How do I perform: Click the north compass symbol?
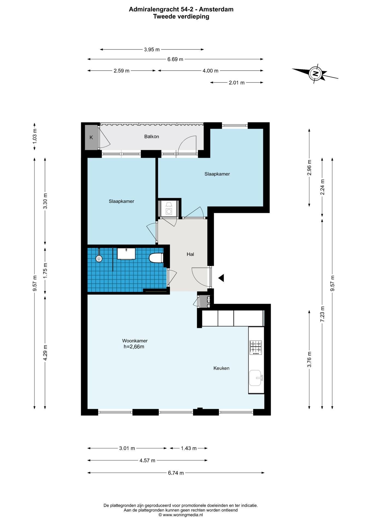(x=316, y=73)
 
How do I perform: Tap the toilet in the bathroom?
(x=156, y=258)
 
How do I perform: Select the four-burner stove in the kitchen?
(x=256, y=347)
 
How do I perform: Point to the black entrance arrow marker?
(x=221, y=278)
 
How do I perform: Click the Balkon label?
(x=152, y=136)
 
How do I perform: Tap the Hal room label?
(x=190, y=254)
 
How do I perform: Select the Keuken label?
(x=221, y=368)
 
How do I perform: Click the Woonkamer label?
(x=135, y=341)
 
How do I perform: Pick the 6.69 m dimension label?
(x=175, y=59)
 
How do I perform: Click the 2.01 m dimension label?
(x=237, y=82)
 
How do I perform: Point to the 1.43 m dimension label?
(x=189, y=448)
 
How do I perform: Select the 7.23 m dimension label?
(x=322, y=314)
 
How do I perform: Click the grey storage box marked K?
(x=91, y=137)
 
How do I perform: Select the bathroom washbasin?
(x=126, y=254)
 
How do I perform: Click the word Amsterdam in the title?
(x=216, y=9)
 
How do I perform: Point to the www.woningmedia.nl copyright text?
(x=181, y=515)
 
